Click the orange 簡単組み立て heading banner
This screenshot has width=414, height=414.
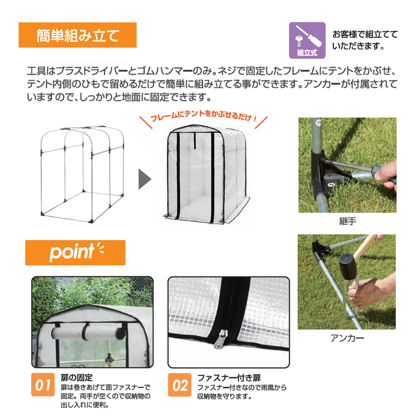point(77,35)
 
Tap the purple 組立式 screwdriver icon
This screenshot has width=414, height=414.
point(307,40)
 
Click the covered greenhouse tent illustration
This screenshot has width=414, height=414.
point(203,174)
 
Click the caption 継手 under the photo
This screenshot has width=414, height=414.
point(347,221)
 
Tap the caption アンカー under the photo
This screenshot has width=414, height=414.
point(347,338)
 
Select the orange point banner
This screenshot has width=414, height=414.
point(75,252)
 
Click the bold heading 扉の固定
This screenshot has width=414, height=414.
point(76,378)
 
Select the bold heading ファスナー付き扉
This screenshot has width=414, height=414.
point(229,378)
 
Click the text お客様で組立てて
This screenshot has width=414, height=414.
point(365,35)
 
